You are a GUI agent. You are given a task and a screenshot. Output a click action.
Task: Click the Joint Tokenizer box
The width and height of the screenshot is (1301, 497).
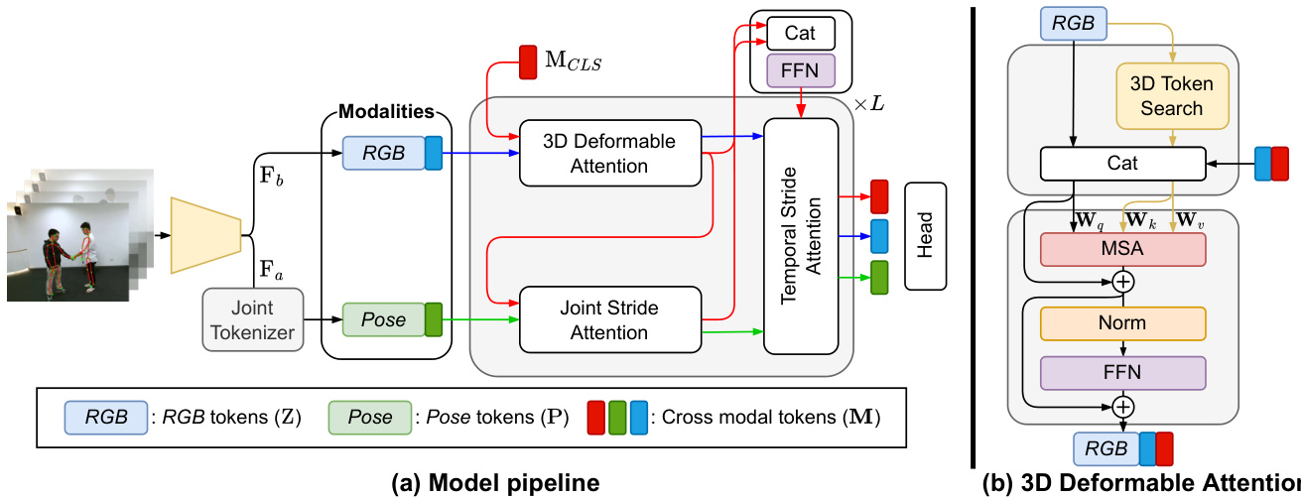click(251, 319)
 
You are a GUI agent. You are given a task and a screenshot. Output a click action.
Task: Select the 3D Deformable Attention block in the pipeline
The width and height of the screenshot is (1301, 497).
click(609, 154)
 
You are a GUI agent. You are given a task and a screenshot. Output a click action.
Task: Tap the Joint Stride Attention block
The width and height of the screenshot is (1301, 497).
click(609, 319)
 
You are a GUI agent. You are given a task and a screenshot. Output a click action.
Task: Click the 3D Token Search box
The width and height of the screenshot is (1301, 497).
click(1171, 96)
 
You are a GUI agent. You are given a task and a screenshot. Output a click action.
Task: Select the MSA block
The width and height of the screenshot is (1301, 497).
click(1122, 249)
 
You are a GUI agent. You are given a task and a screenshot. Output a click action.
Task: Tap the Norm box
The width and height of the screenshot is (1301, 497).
click(1122, 322)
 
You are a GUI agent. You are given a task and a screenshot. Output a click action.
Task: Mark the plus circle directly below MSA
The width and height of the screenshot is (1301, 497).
click(1123, 282)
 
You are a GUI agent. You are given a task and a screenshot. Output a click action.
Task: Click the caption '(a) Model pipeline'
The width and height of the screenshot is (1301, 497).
click(496, 483)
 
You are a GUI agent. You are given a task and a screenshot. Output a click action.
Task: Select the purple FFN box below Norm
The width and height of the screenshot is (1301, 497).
click(1122, 372)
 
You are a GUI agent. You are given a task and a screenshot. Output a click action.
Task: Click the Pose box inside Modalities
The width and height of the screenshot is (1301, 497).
click(383, 319)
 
